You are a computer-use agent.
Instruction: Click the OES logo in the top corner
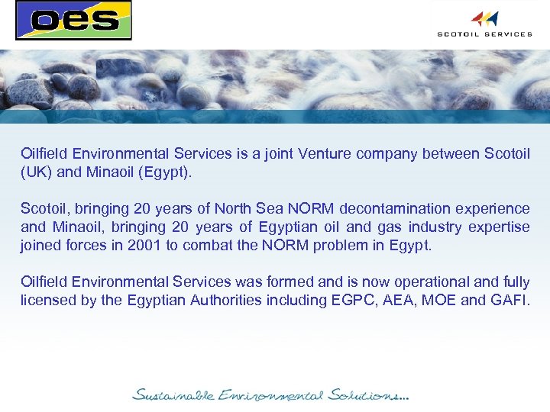pos(73,20)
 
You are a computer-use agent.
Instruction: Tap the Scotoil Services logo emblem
pos(484,18)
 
